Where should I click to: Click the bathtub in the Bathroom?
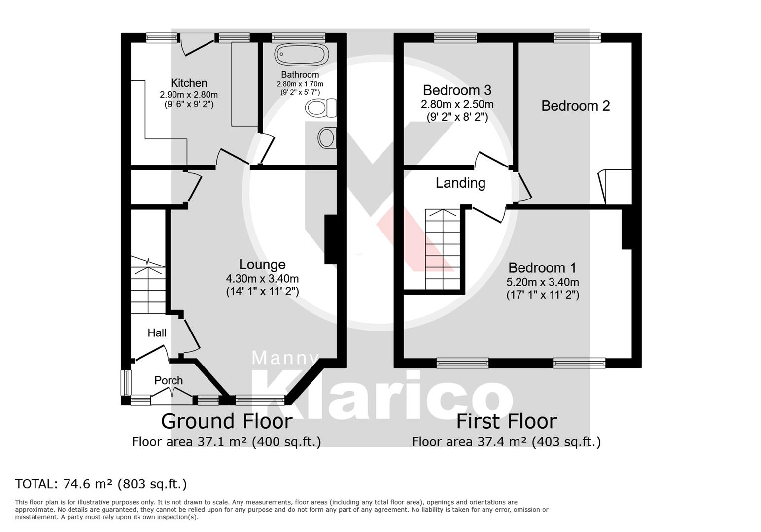[x=301, y=54]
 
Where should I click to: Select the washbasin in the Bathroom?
[x=327, y=137]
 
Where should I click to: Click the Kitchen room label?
[x=189, y=83]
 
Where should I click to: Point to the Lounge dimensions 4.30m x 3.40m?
[x=262, y=279]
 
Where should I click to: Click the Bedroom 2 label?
[x=575, y=106]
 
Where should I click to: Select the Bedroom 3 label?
[x=457, y=90]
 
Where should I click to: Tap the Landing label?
[x=460, y=183]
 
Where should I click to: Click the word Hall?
[x=157, y=333]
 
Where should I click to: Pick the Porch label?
[x=169, y=380]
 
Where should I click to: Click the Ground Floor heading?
[x=227, y=421]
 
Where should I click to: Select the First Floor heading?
[x=506, y=421]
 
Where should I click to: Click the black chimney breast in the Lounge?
[x=330, y=239]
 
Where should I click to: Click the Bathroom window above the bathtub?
[x=299, y=37]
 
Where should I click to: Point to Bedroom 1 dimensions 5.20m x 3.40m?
[x=542, y=282]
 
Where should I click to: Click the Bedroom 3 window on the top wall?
[x=455, y=37]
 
